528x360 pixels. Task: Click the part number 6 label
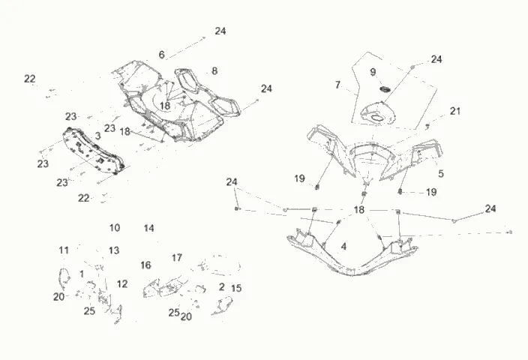pyautogui.click(x=161, y=55)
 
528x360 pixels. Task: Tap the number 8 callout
pyautogui.click(x=214, y=71)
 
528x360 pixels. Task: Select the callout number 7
pyautogui.click(x=337, y=85)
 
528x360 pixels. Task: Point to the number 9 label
pyautogui.click(x=373, y=72)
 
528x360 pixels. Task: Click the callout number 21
pyautogui.click(x=455, y=111)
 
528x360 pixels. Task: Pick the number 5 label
pyautogui.click(x=441, y=173)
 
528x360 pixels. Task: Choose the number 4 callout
pyautogui.click(x=343, y=246)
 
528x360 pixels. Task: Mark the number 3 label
pyautogui.click(x=97, y=135)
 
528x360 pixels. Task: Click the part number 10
pyautogui.click(x=114, y=227)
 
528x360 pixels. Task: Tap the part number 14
pyautogui.click(x=149, y=227)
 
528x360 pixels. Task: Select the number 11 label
pyautogui.click(x=64, y=250)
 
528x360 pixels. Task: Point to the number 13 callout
pyautogui.click(x=114, y=250)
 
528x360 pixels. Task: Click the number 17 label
pyautogui.click(x=177, y=258)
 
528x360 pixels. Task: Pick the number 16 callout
pyautogui.click(x=145, y=265)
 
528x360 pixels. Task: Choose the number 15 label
pyautogui.click(x=236, y=288)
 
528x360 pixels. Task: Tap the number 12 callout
pyautogui.click(x=122, y=283)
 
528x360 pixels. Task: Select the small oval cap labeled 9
pyautogui.click(x=384, y=91)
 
